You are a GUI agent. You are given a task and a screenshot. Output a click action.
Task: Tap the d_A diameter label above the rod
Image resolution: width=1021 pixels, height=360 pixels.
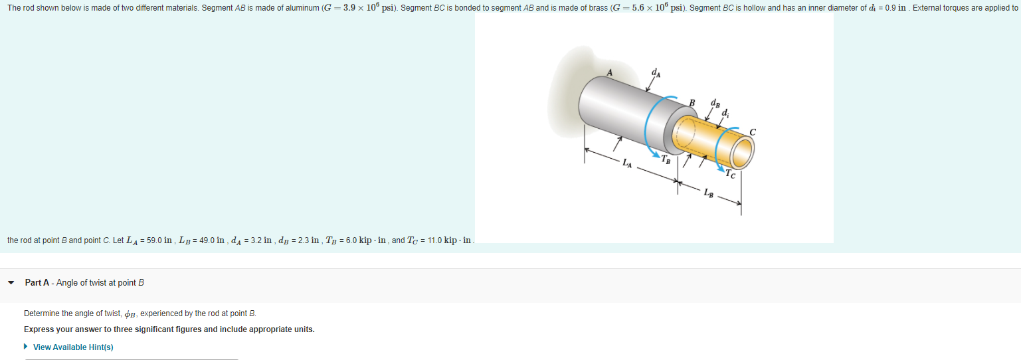click(656, 74)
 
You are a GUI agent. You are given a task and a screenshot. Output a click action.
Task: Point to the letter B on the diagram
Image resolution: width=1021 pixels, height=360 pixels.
click(692, 102)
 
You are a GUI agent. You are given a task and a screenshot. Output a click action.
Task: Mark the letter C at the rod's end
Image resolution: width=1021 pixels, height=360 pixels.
click(752, 132)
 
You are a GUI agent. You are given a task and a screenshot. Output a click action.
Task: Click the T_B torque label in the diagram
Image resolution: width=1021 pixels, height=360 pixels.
click(666, 159)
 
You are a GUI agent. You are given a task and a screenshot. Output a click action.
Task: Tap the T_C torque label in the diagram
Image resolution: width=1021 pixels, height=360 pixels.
click(731, 174)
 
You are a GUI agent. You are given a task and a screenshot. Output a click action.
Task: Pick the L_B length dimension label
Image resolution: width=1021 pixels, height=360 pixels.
click(709, 193)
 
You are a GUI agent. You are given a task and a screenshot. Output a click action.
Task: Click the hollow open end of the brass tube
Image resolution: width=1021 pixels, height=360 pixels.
click(743, 152)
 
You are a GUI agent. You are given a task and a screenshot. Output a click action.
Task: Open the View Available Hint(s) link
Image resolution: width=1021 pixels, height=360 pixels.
click(73, 347)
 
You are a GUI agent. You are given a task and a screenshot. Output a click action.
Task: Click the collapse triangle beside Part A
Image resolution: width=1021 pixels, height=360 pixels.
click(11, 283)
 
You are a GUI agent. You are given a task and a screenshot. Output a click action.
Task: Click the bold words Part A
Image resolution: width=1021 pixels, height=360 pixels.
click(37, 283)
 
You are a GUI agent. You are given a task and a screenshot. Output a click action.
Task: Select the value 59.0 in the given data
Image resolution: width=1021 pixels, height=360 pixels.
click(154, 240)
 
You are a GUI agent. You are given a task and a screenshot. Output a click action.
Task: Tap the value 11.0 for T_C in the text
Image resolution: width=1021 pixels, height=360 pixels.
click(430, 240)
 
